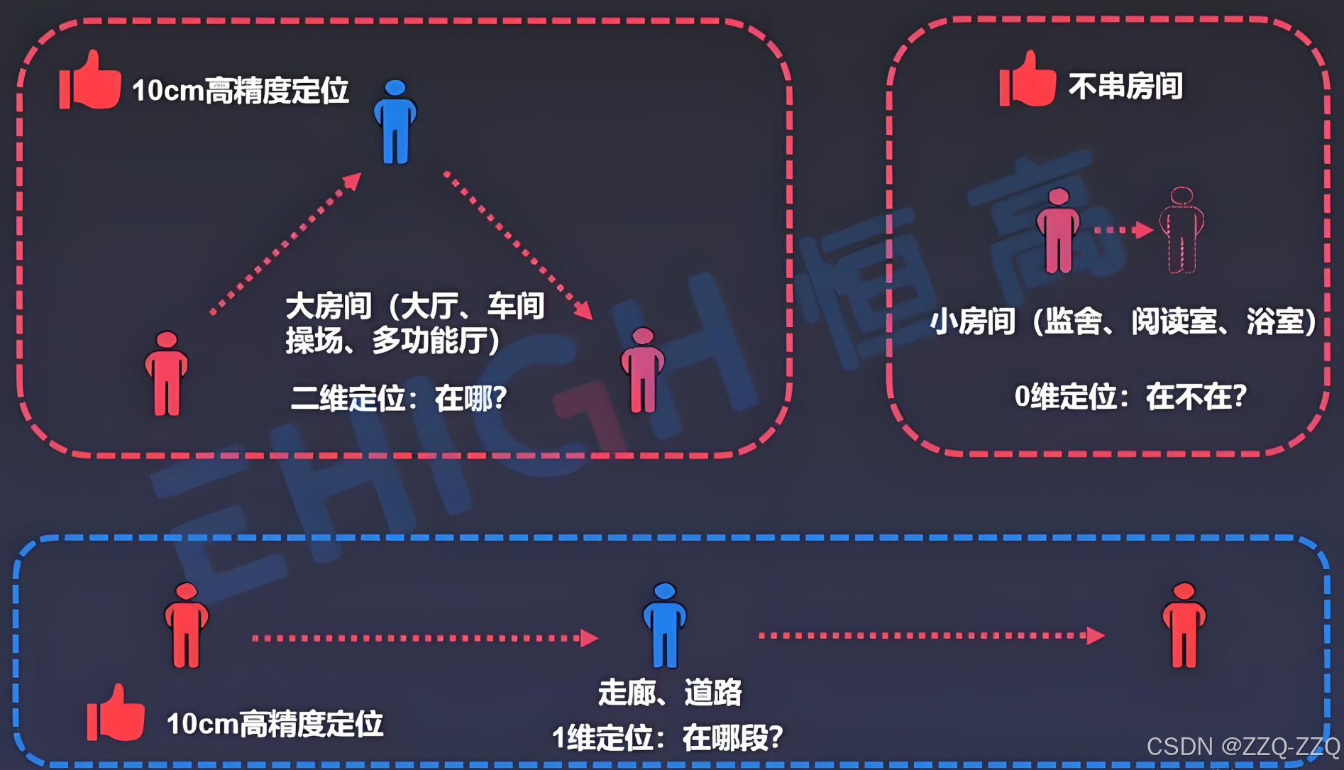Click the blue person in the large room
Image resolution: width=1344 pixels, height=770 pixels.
tap(395, 122)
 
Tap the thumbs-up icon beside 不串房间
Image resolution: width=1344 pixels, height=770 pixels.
tap(1027, 80)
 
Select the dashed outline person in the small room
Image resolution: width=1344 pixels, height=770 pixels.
tap(1181, 230)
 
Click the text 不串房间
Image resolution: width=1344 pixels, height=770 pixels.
tap(1125, 87)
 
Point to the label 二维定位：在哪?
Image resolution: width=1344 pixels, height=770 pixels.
tap(399, 398)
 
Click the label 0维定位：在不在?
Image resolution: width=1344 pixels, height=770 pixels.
tap(1130, 396)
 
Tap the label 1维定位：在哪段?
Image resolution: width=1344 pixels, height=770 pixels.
tap(667, 738)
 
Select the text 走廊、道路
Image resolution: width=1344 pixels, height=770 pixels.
tap(670, 693)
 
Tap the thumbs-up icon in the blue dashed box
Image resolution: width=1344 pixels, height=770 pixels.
tap(116, 714)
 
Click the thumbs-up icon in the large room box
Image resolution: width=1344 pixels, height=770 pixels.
tap(90, 81)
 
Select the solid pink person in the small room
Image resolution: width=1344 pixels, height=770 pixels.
tap(1058, 231)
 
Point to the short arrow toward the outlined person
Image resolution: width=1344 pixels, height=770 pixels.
tap(1123, 230)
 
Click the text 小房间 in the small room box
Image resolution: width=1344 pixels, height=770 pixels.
tap(972, 321)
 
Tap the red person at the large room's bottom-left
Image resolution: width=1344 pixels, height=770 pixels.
tap(167, 373)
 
